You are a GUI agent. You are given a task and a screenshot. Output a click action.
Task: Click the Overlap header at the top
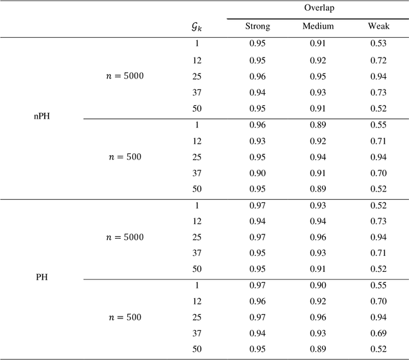[x=317, y=9]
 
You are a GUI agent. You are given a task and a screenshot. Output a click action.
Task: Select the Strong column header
[x=258, y=27]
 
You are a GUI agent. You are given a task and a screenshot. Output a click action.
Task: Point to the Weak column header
[x=378, y=27]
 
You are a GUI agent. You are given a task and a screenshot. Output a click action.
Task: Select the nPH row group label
[x=42, y=117]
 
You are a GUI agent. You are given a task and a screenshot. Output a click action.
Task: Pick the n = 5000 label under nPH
[x=125, y=76]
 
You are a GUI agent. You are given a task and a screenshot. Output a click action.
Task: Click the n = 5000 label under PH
[x=125, y=237]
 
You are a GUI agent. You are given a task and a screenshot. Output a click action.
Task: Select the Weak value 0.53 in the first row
[x=378, y=43]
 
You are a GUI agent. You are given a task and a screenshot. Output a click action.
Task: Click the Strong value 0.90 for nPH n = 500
[x=258, y=172]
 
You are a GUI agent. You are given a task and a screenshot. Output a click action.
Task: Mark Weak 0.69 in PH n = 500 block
[x=378, y=334]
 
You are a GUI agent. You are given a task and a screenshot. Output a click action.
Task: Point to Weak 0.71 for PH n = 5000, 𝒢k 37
[x=378, y=253]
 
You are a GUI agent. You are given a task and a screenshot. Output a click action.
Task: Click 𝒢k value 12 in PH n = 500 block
[x=197, y=301]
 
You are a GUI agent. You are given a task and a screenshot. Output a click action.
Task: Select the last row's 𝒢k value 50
[x=197, y=350]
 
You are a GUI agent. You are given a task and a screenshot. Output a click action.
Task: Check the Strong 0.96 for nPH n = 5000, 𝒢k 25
[x=258, y=76]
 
